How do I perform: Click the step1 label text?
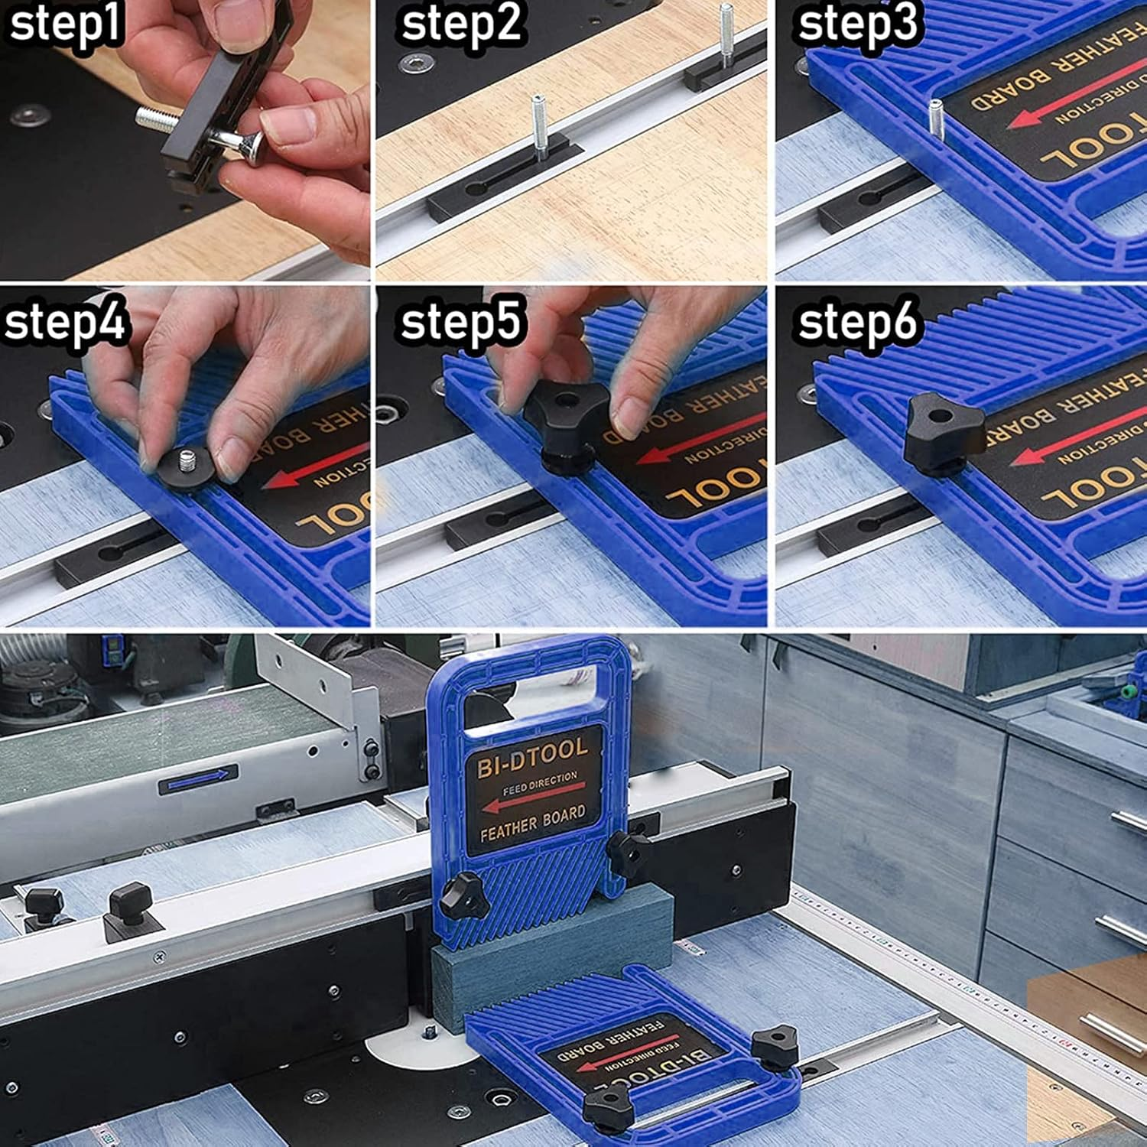[x=65, y=23]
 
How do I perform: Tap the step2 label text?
[x=461, y=23]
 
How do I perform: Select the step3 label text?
[x=857, y=23]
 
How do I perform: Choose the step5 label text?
[x=461, y=321]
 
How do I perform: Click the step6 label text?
[x=857, y=321]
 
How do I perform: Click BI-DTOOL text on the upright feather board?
[x=532, y=756]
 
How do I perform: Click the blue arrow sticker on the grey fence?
[x=198, y=779]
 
